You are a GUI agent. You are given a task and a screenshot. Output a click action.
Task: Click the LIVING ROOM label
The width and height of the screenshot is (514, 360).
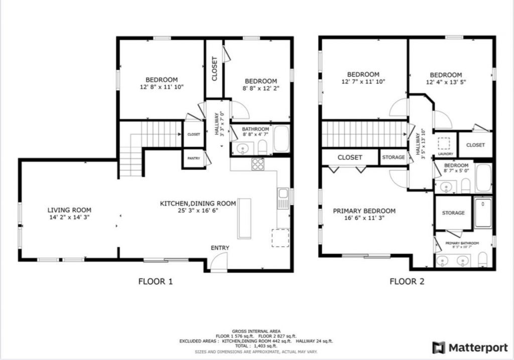[x=69, y=210]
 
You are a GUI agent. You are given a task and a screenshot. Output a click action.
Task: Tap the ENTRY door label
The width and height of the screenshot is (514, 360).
[x=220, y=248]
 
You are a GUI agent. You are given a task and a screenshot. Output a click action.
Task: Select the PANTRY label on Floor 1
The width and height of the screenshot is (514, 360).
[x=193, y=158]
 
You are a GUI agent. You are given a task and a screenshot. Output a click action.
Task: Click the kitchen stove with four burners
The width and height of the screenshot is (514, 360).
[x=258, y=164]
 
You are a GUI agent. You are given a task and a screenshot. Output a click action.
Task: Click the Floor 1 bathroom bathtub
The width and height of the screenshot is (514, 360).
[x=281, y=140]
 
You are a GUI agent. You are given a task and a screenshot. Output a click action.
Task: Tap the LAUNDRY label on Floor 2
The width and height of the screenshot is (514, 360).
[x=446, y=154]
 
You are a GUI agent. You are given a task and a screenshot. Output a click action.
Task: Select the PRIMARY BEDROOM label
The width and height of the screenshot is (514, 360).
[x=364, y=211]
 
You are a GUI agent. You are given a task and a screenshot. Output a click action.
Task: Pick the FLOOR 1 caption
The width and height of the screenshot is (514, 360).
[x=156, y=281]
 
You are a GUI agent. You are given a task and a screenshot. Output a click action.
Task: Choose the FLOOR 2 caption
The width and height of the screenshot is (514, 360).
[x=407, y=281]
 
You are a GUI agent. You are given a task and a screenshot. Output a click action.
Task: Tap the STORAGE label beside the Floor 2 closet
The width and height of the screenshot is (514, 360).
[x=394, y=157]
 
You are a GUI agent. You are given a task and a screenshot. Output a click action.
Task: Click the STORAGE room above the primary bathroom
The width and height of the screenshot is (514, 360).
[x=453, y=213]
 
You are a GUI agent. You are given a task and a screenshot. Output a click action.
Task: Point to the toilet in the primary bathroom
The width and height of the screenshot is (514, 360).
[x=483, y=260]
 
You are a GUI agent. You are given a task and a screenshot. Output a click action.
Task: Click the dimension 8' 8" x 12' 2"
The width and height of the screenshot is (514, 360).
[x=261, y=88]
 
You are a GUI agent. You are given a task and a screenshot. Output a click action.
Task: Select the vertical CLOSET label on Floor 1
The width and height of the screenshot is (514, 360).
[x=215, y=69]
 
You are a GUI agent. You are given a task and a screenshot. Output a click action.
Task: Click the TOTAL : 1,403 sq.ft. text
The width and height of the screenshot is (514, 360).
[x=256, y=346]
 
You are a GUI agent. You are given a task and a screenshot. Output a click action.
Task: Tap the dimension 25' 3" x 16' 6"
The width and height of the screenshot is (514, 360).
[x=198, y=210]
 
